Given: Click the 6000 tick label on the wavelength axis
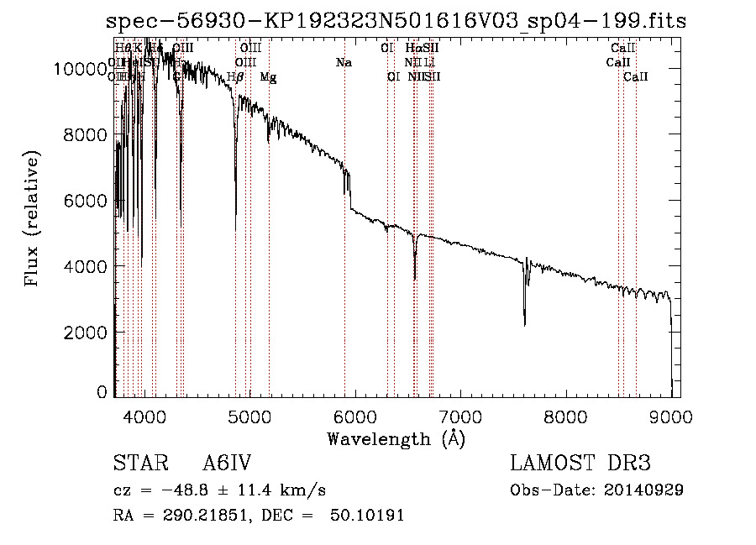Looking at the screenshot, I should (x=354, y=416).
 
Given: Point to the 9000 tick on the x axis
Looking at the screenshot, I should (x=671, y=416).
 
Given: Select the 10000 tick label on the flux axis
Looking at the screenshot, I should (x=81, y=69).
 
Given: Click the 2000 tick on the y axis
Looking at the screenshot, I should (x=87, y=332).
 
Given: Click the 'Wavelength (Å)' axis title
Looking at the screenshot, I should (x=396, y=438).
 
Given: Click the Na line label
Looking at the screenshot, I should (x=343, y=62).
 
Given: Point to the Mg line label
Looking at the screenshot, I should (x=268, y=77).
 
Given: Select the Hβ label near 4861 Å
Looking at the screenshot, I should (x=236, y=77).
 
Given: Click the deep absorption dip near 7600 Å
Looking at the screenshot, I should (x=525, y=323).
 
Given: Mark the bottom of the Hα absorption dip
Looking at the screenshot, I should (x=415, y=279).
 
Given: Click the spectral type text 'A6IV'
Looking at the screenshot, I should (x=227, y=464).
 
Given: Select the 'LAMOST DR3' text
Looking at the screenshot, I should (x=580, y=464).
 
